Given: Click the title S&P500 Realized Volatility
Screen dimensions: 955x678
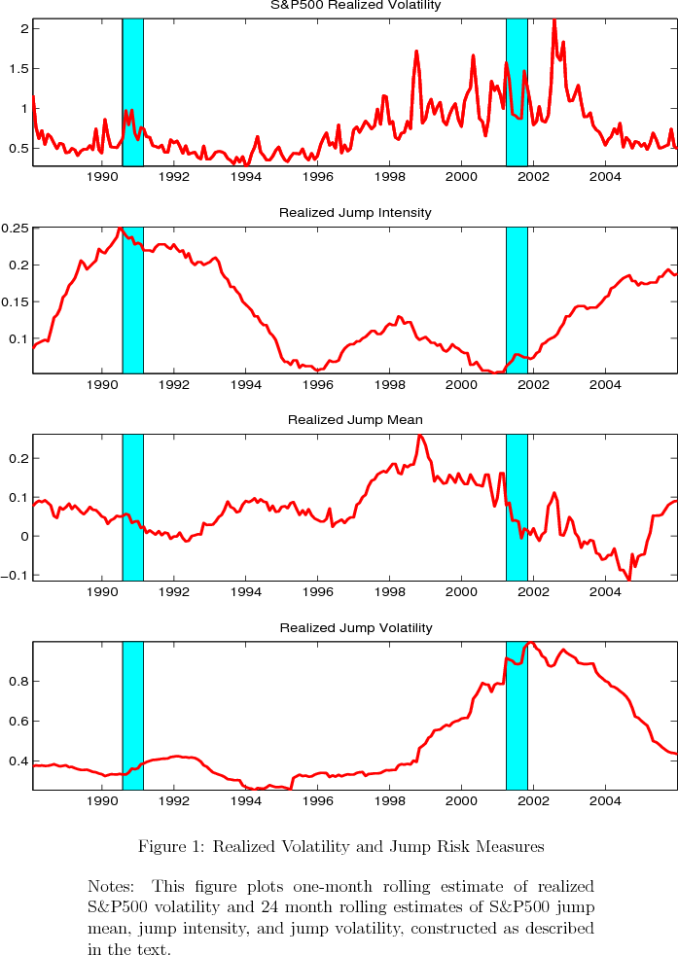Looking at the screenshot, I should pos(355,5).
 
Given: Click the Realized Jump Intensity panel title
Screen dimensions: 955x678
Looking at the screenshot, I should pos(355,212).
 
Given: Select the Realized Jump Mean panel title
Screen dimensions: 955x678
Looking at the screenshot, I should pos(355,420).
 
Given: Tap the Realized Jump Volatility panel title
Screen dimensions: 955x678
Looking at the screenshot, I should pos(355,628).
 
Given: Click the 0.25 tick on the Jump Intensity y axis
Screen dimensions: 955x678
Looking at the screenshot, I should pos(15,229).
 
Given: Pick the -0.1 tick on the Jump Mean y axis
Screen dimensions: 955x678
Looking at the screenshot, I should pos(17,575).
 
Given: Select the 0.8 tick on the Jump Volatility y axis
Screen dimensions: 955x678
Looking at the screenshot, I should pos(18,682).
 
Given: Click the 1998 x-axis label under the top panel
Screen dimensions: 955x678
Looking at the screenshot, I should pos(389,177).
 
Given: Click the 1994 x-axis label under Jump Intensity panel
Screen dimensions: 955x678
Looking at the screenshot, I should pos(246,385).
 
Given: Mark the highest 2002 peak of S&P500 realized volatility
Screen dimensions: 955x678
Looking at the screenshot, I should pos(554,20).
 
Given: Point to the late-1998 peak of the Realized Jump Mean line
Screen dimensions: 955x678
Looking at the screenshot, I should pos(419,436).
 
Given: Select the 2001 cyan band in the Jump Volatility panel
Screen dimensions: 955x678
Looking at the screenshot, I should pos(517,720).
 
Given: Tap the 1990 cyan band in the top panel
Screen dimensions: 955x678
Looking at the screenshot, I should pos(133,92).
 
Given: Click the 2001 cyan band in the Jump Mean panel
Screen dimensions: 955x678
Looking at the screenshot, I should pos(517,506).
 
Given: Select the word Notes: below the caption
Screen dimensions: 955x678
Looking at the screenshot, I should pos(110,887).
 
